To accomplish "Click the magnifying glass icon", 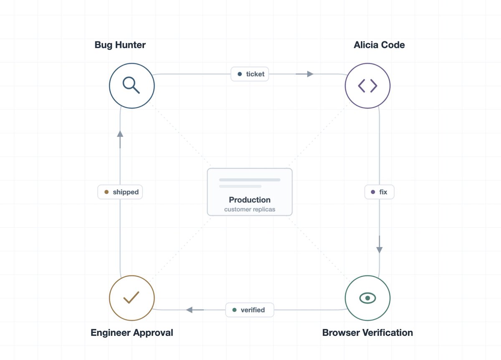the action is point(131,85).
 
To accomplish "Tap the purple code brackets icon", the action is point(367,86).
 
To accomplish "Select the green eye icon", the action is point(367,298).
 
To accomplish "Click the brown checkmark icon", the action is point(131,297).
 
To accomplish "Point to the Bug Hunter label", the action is point(120,45).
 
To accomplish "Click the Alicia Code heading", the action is point(379,45).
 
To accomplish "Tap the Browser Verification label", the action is point(367,333).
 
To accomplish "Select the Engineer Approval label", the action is point(132,333).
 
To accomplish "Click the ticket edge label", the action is point(250,74).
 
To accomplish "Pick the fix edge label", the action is point(380,192).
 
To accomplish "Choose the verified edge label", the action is point(250,310).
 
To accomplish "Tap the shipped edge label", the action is point(120,192).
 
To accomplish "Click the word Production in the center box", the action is point(250,200).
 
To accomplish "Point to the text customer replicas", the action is point(250,209).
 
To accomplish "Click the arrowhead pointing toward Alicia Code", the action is point(310,74).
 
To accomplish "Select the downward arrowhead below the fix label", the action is point(380,250).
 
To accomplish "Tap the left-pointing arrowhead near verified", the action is point(189,310).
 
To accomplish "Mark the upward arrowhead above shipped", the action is point(120,134).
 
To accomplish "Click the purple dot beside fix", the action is point(373,192).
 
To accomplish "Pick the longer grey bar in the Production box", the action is point(250,180).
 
